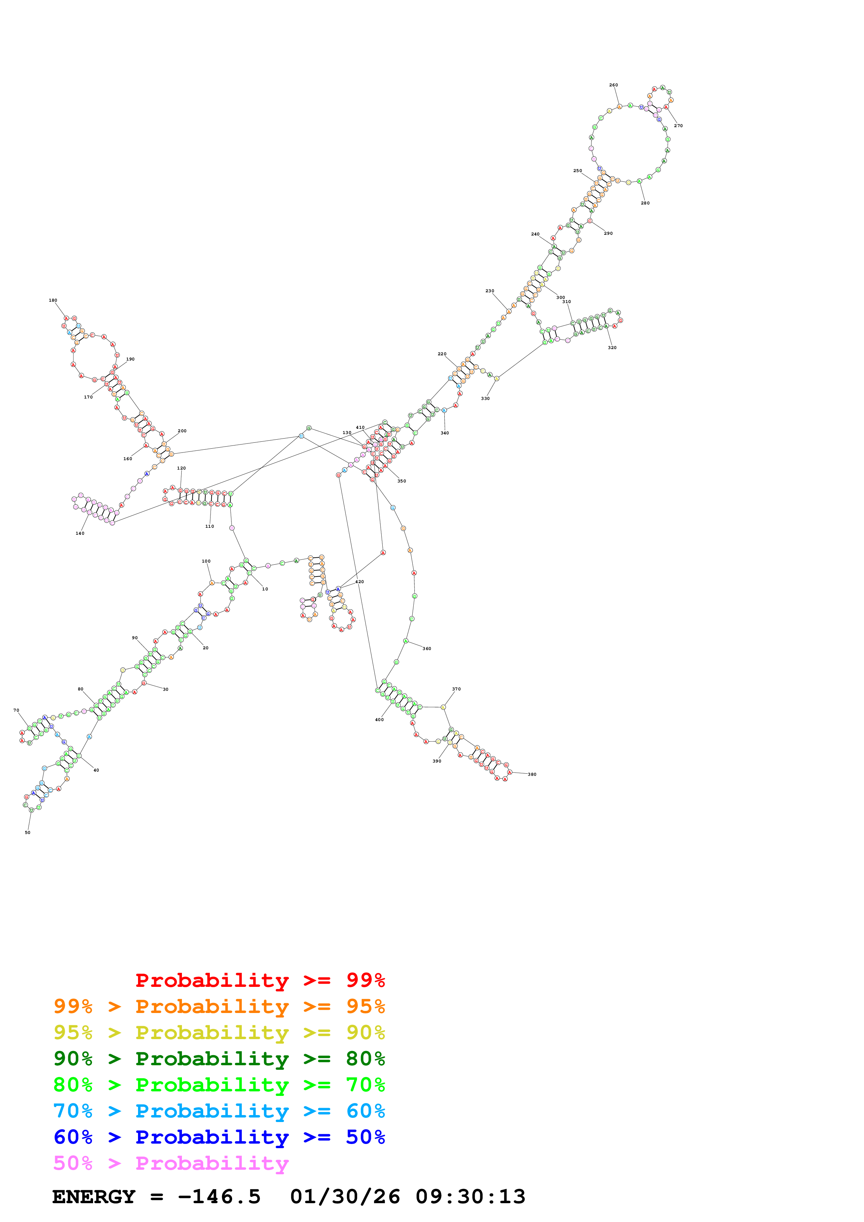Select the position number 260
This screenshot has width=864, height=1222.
pyautogui.click(x=613, y=85)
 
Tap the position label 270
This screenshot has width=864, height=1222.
pyautogui.click(x=678, y=126)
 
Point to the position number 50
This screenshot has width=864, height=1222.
pyautogui.click(x=28, y=833)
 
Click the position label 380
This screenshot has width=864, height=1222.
pyautogui.click(x=532, y=774)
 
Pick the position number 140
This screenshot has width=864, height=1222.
pyautogui.click(x=80, y=533)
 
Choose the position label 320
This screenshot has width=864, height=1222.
pyautogui.click(x=612, y=348)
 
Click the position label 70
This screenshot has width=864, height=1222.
pyautogui.click(x=16, y=710)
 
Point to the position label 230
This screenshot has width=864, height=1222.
pyautogui.click(x=490, y=291)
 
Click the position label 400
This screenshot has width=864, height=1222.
pyautogui.click(x=379, y=720)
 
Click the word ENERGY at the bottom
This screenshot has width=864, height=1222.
pyautogui.click(x=94, y=1197)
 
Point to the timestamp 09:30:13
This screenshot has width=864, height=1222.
pyautogui.click(x=470, y=1197)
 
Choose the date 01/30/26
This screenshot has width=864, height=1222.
pyautogui.click(x=345, y=1197)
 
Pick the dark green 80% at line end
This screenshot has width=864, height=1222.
pyautogui.click(x=365, y=1059)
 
